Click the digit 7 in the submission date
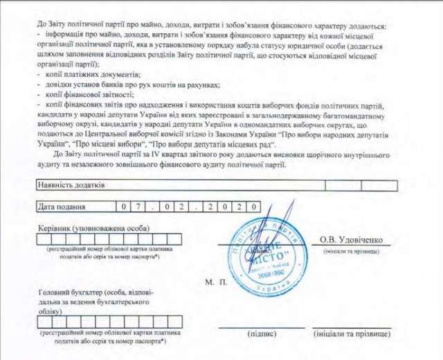(139, 206)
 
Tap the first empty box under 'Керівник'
(42, 240)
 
